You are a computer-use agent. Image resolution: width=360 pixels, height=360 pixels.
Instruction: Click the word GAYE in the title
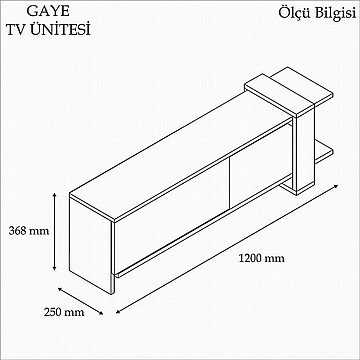(48, 11)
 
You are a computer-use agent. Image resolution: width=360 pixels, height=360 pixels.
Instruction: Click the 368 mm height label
(29, 231)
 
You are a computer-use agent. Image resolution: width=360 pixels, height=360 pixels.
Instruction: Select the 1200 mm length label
(262, 258)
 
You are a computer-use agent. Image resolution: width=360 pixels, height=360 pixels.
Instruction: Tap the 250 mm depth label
(64, 312)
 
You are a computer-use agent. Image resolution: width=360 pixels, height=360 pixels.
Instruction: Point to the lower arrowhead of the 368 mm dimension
(54, 268)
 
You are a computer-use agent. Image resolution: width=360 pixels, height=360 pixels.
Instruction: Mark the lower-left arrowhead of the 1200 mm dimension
(119, 312)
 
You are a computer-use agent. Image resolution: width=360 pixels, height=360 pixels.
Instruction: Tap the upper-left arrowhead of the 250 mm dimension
(61, 289)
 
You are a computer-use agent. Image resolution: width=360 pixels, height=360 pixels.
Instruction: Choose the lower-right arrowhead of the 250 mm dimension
(100, 312)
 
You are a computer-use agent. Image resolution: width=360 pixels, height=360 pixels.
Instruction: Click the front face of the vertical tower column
(305, 154)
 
